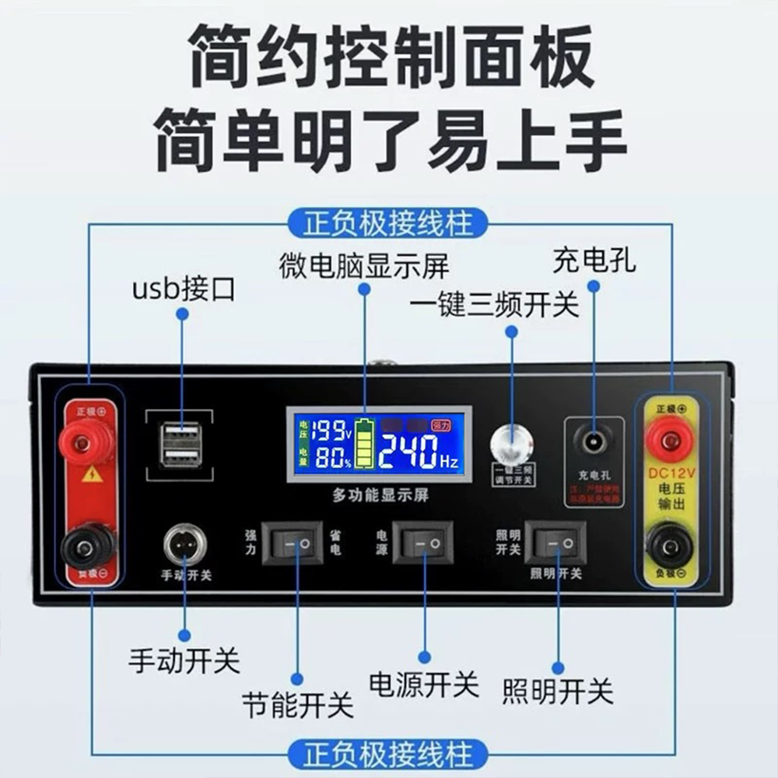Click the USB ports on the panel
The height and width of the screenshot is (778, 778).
click(x=182, y=446)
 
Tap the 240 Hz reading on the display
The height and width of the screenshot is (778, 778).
click(x=419, y=452)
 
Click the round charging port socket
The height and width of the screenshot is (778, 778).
click(x=594, y=440)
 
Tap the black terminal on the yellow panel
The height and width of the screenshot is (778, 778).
click(x=669, y=545)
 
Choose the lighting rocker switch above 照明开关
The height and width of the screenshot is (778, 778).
click(x=555, y=542)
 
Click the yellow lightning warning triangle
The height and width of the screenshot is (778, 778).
click(x=92, y=474)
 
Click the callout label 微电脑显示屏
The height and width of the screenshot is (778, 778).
click(x=364, y=266)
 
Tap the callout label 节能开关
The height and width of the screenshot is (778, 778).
click(x=297, y=704)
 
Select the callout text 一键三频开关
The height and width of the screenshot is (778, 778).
click(x=494, y=305)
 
